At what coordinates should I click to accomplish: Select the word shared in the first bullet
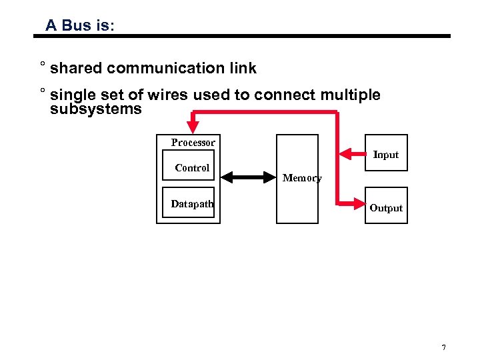point(76,68)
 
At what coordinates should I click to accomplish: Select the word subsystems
point(96,109)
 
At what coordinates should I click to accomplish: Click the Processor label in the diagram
point(193,143)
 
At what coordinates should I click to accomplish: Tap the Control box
point(192,168)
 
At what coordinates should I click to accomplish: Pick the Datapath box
point(191,204)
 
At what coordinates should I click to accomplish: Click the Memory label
point(301,178)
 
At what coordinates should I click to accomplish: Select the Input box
point(385,155)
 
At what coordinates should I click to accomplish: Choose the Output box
point(385,207)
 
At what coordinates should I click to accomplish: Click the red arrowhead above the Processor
point(193,125)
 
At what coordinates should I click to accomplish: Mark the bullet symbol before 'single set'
point(42,92)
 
